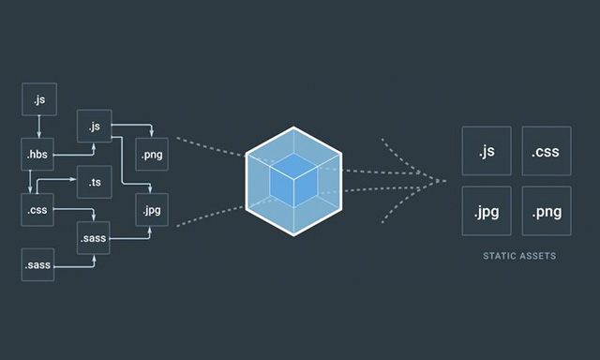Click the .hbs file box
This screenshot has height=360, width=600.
coord(38,153)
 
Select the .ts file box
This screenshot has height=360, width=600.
coord(95,181)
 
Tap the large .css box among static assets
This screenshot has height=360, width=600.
coord(547,152)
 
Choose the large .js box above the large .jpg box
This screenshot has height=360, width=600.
coord(487,152)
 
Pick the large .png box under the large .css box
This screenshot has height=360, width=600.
coord(547,211)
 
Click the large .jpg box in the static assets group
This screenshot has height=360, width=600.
coord(487,211)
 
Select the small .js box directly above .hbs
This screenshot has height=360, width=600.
coord(38,97)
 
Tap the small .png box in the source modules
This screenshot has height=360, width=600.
coord(153,153)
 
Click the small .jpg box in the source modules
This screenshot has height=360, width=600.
coord(153,209)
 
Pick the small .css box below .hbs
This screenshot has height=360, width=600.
coord(38,209)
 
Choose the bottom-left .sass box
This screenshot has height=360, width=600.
coord(38,266)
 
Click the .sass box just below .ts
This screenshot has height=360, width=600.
coord(95,238)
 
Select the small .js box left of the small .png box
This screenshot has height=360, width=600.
coord(95,125)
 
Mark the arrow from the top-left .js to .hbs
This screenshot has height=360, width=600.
coord(38,126)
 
